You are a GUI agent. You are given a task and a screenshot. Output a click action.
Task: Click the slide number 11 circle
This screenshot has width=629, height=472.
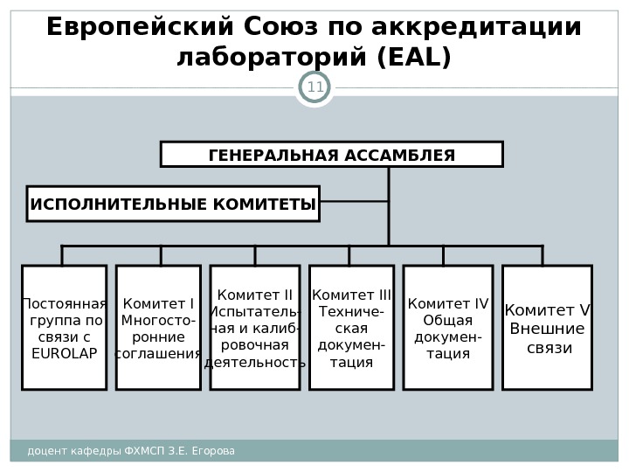click(x=314, y=87)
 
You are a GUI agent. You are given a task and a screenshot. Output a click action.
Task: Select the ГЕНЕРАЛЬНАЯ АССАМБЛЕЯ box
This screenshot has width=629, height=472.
click(x=331, y=155)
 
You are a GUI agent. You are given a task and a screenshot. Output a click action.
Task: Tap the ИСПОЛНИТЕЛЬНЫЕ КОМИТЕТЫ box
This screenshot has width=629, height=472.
click(x=173, y=204)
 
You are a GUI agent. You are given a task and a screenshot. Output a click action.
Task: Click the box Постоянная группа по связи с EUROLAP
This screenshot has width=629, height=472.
click(x=64, y=328)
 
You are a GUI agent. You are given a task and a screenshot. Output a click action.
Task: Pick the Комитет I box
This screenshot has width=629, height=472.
click(x=158, y=328)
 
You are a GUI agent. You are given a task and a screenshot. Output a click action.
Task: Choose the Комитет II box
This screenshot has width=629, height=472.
click(x=254, y=328)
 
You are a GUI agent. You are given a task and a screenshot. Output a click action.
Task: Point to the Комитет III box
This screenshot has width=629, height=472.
click(x=351, y=328)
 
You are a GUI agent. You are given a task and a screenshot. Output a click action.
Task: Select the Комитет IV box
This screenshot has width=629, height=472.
click(x=448, y=328)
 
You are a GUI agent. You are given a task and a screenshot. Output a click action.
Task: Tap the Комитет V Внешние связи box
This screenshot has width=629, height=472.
click(x=548, y=328)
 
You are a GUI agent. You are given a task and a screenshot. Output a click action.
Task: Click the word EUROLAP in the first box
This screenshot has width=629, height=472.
click(x=64, y=353)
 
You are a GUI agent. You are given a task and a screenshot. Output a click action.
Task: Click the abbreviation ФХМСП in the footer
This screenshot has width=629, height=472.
click(x=145, y=451)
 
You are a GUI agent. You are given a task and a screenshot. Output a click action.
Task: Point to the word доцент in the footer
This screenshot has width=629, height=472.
click(x=45, y=451)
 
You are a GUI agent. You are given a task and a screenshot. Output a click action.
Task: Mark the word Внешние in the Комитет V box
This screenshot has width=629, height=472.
click(x=547, y=330)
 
